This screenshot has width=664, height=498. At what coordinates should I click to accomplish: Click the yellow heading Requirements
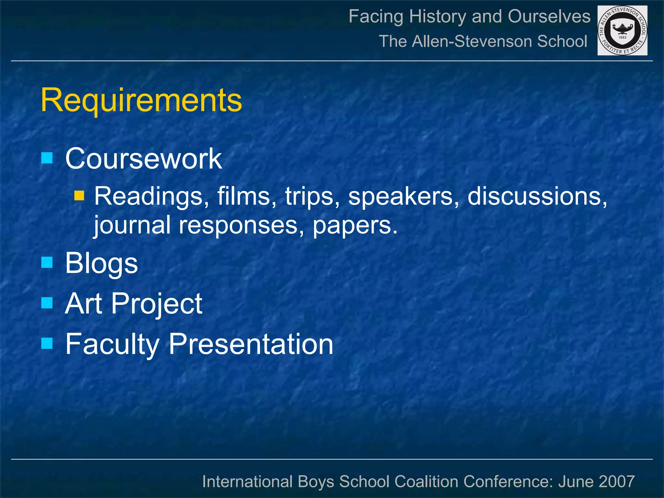[141, 100]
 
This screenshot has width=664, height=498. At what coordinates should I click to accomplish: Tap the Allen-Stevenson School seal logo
[622, 30]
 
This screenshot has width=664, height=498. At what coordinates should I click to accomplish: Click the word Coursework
[144, 159]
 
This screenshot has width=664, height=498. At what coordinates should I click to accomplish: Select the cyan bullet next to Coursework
[47, 158]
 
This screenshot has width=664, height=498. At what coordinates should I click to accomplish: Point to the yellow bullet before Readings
[79, 196]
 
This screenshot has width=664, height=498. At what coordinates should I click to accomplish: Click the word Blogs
[101, 263]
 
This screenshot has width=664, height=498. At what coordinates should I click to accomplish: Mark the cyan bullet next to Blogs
[47, 262]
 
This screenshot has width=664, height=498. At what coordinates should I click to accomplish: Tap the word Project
[157, 304]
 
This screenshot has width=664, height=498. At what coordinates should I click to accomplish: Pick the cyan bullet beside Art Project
[47, 303]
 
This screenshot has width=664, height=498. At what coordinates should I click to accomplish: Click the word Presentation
[251, 344]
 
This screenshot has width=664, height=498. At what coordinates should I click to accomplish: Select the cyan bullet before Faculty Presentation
[47, 343]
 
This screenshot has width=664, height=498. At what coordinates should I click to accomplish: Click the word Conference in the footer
[508, 481]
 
